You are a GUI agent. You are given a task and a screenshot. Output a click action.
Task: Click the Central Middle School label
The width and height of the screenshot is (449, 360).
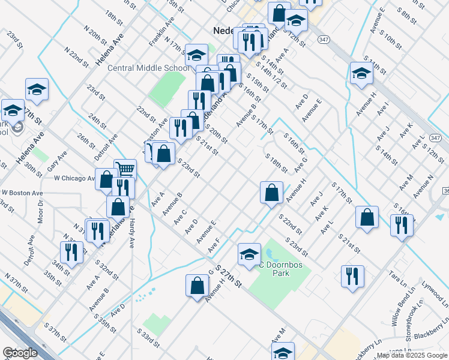click(x=148, y=68)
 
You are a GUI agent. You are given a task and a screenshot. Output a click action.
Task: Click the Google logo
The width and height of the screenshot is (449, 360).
click(x=20, y=353)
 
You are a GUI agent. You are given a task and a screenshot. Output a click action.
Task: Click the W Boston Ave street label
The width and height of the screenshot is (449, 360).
click(x=22, y=193)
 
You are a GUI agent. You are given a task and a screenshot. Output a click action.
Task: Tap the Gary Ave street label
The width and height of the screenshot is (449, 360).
click(x=57, y=160)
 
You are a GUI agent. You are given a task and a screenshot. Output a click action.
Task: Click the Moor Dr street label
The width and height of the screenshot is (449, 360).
click(x=41, y=211)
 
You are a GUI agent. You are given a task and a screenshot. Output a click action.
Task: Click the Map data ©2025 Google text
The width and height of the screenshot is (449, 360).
click(x=411, y=355)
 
